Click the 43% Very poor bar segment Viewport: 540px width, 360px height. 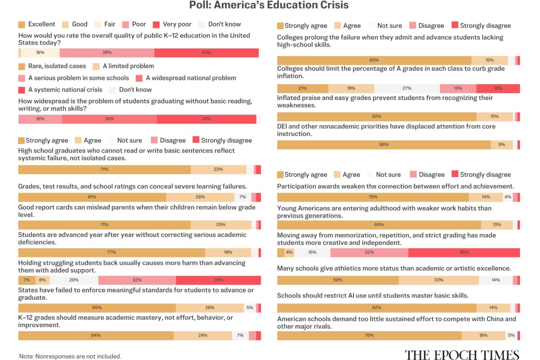pyautogui.click(x=207, y=53)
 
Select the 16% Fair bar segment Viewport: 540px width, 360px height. pyautogui.click(x=40, y=53)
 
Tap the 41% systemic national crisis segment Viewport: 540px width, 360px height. pyautogui.click(x=207, y=119)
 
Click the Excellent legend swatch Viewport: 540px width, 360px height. pyautogui.click(x=22, y=25)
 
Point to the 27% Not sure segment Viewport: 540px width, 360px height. pyautogui.click(x=407, y=89)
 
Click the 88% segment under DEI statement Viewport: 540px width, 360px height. pyautogui.click(x=384, y=145)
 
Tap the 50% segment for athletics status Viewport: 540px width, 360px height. pyautogui.click(x=338, y=280)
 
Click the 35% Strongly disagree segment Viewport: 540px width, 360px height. pyautogui.click(x=218, y=280)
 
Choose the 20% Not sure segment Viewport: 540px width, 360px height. pyautogui.click(x=74, y=280)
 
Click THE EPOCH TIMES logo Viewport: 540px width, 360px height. pyautogui.click(x=462, y=355)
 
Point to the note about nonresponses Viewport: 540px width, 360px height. pyautogui.click(x=70, y=356)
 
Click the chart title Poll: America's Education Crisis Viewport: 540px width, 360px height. pyautogui.click(x=269, y=5)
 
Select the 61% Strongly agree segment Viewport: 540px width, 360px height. pyautogui.click(x=92, y=197)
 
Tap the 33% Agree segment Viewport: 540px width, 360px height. pyautogui.click(x=438, y=280)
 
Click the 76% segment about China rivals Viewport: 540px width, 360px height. pyautogui.click(x=369, y=336)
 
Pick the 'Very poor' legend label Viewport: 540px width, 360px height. pyautogui.click(x=177, y=24)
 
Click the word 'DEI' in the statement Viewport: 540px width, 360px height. pyautogui.click(x=282, y=126)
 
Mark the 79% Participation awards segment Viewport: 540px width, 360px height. pyautogui.click(x=373, y=197)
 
